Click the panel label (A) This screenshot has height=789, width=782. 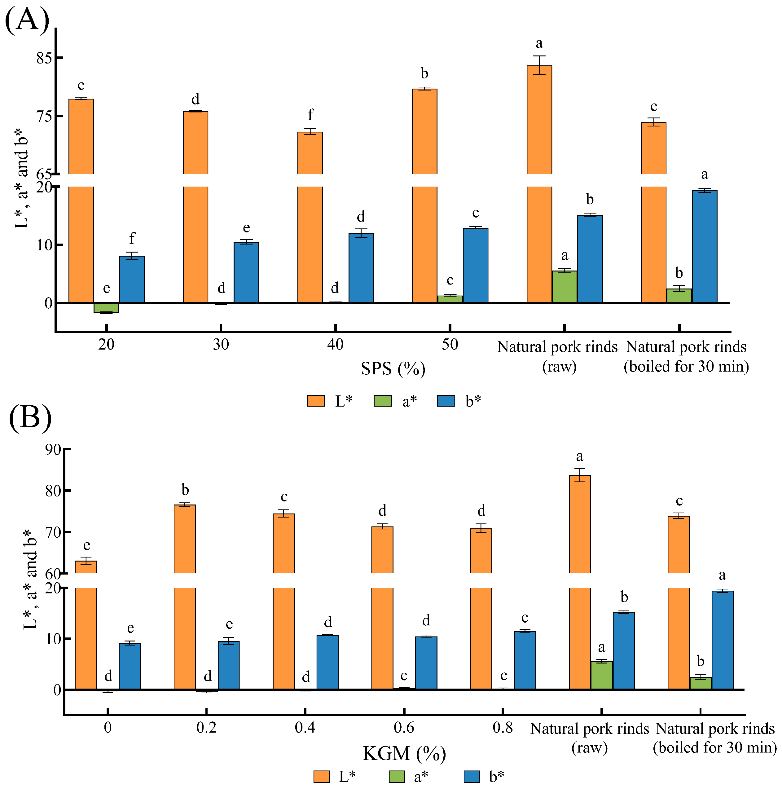point(27,20)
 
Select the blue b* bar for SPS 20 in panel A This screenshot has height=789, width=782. point(132,279)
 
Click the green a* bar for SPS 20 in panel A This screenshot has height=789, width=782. point(106,307)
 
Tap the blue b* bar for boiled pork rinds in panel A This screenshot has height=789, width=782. point(705,247)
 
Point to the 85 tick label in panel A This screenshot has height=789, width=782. point(44,58)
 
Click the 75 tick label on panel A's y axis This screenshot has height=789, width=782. point(44,117)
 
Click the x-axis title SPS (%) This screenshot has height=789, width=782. point(393,369)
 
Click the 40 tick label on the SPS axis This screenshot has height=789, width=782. point(335,345)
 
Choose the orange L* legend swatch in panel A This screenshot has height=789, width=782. point(316,401)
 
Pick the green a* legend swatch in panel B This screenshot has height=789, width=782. point(396,776)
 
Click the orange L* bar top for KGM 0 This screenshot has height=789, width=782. point(86,561)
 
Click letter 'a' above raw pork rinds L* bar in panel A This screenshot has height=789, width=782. point(539,43)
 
